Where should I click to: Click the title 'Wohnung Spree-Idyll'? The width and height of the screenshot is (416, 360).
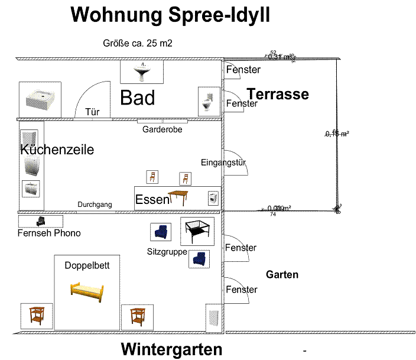(x=170, y=15)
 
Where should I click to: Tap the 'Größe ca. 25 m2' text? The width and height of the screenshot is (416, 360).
(x=137, y=43)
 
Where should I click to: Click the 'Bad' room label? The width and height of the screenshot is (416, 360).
(x=138, y=98)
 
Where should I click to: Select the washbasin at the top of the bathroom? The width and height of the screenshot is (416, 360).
(x=142, y=72)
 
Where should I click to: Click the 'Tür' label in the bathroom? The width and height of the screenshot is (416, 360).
(x=92, y=112)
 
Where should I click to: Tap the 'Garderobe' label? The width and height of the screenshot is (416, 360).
(x=162, y=129)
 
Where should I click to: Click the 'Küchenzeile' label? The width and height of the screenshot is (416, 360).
(x=57, y=150)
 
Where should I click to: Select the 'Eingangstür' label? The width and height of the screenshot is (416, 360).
(x=223, y=163)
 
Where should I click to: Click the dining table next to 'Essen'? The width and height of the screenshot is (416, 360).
(x=181, y=196)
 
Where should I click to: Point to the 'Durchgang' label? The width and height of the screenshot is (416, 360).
(x=95, y=205)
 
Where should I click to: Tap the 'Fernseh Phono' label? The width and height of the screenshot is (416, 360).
(x=49, y=233)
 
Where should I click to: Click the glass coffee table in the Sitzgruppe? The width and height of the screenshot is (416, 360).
(x=197, y=231)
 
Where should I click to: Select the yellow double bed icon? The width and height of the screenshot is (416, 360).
(x=87, y=291)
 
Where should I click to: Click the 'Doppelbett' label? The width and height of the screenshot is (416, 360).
(x=87, y=265)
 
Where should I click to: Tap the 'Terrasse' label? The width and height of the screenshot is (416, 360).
(x=278, y=94)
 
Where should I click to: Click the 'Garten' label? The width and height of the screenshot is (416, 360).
(x=282, y=274)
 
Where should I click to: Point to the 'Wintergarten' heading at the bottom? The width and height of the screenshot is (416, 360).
(x=171, y=349)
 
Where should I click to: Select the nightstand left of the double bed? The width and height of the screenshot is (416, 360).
(x=37, y=316)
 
